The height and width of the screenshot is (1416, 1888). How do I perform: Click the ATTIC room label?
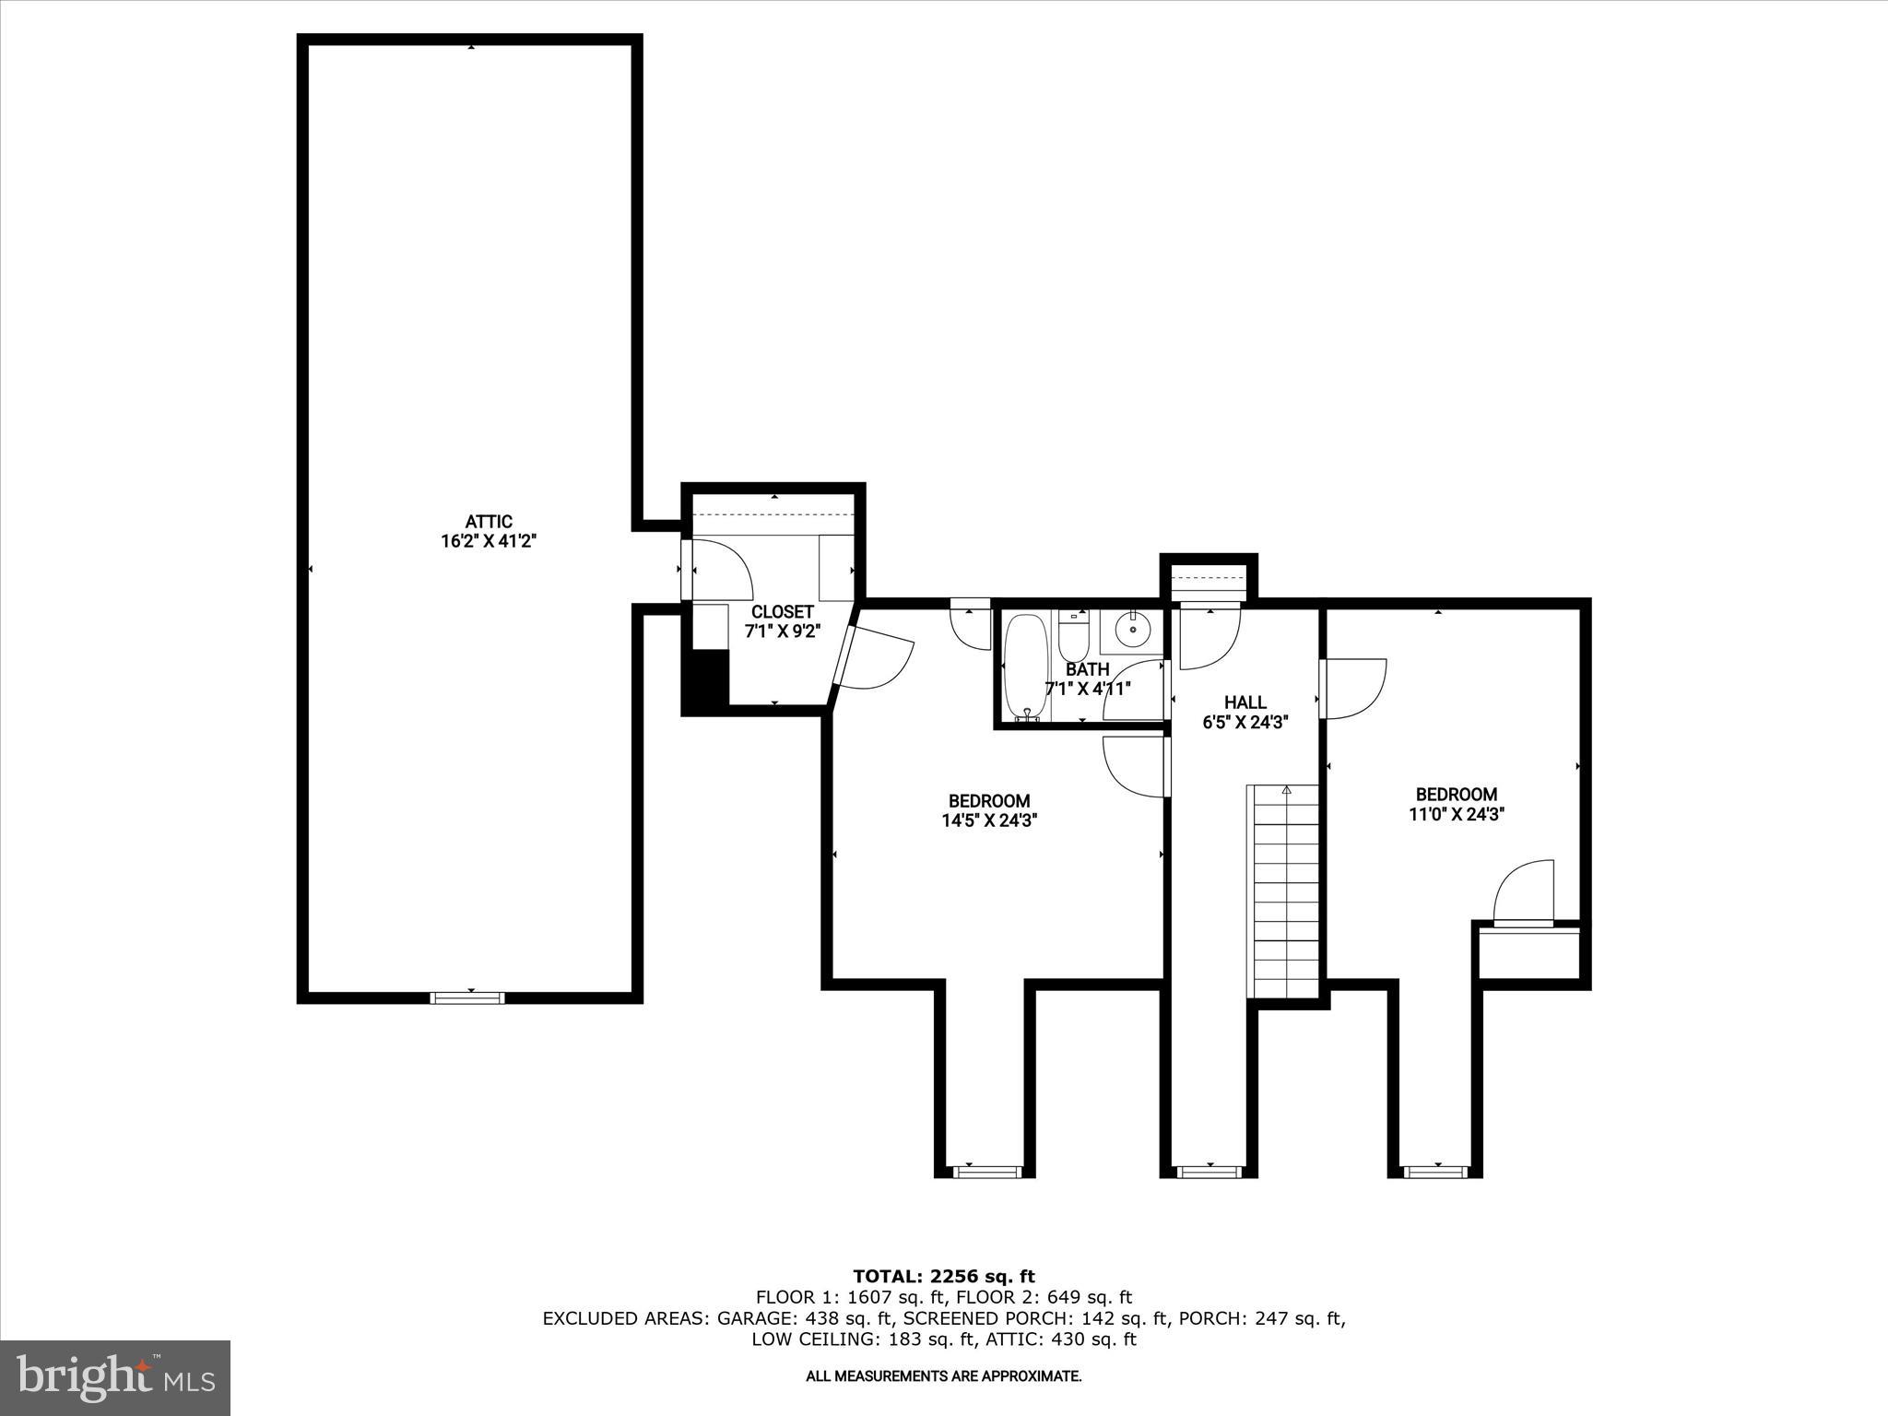[488, 522]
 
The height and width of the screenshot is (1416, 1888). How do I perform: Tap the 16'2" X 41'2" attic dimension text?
[488, 542]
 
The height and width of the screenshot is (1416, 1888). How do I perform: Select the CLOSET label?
[782, 612]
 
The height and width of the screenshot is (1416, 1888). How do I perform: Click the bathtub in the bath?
[1024, 666]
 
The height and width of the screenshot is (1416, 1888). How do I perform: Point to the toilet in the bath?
[1073, 633]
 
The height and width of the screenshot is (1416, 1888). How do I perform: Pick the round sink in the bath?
[1132, 630]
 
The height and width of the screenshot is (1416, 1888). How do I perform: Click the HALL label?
[1245, 702]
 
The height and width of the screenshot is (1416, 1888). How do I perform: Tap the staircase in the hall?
[1285, 890]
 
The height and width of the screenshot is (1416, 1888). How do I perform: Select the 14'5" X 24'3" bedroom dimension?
[989, 821]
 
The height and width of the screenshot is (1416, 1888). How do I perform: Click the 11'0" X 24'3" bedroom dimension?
[1457, 814]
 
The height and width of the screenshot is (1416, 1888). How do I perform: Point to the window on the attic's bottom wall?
[468, 997]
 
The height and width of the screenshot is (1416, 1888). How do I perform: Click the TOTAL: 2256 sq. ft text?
[943, 1277]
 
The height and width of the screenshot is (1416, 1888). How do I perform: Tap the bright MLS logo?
[115, 1377]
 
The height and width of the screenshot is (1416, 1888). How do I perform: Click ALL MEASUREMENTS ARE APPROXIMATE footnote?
[943, 1376]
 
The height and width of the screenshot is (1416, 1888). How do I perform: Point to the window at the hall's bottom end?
[1209, 1172]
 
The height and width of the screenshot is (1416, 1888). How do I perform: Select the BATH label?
[1087, 669]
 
